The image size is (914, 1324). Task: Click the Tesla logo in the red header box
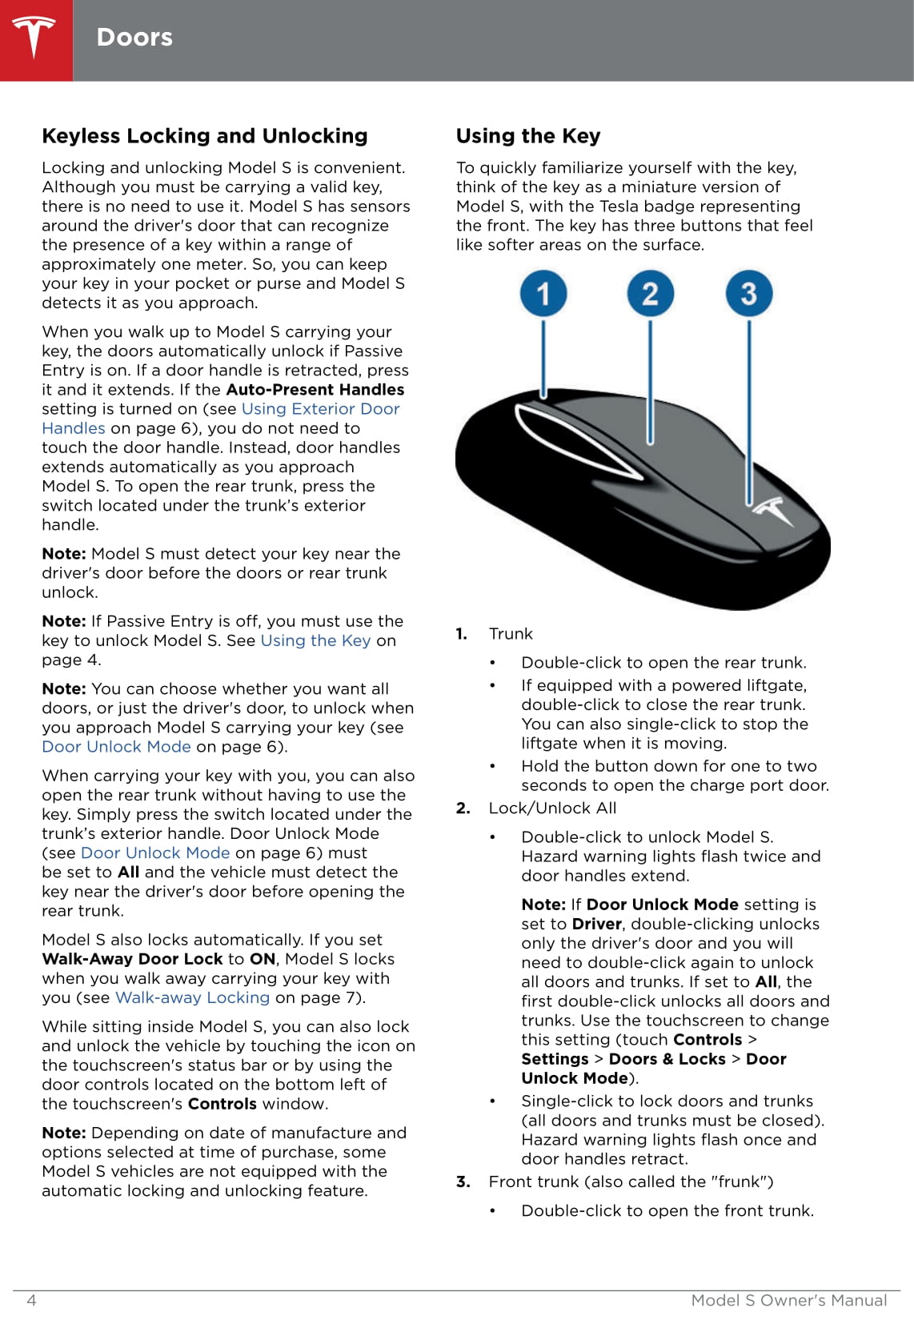click(34, 38)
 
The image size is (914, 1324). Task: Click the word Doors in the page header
click(134, 38)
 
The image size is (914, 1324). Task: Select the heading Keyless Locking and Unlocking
click(205, 136)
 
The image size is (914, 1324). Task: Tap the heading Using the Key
click(528, 136)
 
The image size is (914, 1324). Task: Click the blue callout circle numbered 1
click(543, 293)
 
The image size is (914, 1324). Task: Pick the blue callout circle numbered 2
click(650, 293)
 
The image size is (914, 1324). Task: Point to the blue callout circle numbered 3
click(749, 293)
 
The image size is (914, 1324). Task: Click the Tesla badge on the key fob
click(773, 510)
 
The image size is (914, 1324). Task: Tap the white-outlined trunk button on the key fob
click(576, 440)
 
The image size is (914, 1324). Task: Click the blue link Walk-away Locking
click(192, 998)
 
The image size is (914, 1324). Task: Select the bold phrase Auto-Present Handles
click(315, 390)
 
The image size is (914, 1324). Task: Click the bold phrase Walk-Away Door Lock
click(132, 959)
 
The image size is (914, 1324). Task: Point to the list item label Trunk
click(511, 634)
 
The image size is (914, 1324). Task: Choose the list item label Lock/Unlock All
click(552, 808)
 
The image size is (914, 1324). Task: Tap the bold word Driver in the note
click(596, 925)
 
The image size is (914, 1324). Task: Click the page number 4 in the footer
click(32, 1300)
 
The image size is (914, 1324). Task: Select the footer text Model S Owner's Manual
click(788, 1300)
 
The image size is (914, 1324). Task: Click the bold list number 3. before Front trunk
click(463, 1182)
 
